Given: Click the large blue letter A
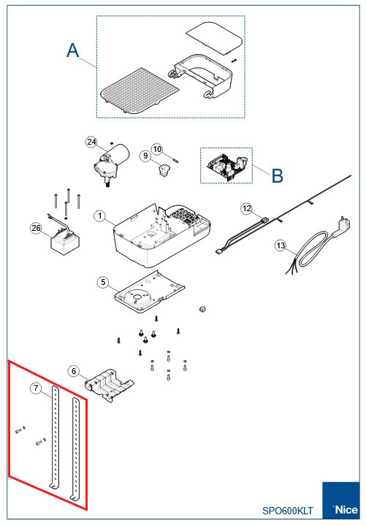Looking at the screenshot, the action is [73, 50].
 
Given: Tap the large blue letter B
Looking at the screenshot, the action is [278, 175].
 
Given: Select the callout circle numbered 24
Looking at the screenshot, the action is [91, 142].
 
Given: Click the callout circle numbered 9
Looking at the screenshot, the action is [145, 156].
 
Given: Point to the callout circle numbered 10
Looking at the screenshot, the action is [157, 149].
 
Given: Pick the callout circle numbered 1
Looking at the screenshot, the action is [99, 216].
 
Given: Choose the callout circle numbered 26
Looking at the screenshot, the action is [36, 228].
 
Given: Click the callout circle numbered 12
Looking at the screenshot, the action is [247, 209].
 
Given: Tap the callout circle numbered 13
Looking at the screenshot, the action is [281, 245].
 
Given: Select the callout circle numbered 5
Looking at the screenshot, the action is [103, 282].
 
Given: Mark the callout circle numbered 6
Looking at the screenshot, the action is [74, 371].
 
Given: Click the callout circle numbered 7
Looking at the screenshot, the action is [36, 389].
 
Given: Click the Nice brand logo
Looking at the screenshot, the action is [341, 500].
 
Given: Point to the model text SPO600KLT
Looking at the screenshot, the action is [288, 511].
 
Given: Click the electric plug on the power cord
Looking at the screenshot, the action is [343, 225].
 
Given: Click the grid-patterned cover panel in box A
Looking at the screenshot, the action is [140, 91].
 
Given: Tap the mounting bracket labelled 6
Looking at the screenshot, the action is [109, 386].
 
